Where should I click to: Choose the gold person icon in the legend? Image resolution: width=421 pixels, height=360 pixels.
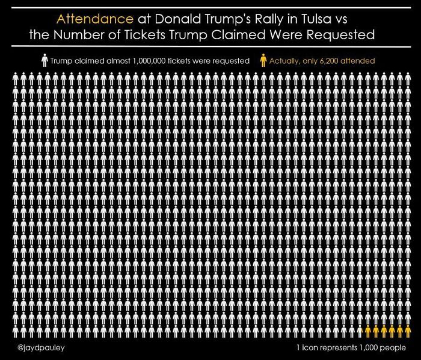pyautogui.click(x=263, y=61)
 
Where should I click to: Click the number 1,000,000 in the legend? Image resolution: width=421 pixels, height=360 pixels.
pyautogui.click(x=158, y=61)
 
